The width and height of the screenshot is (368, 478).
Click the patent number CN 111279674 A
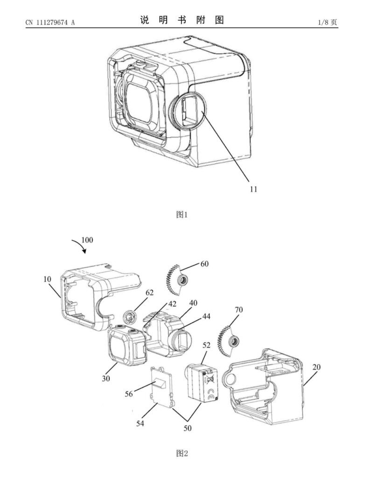click(x=50, y=22)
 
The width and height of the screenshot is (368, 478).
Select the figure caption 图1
click(x=181, y=215)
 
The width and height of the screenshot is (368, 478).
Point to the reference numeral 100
click(x=87, y=240)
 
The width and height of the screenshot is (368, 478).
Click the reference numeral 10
click(x=48, y=279)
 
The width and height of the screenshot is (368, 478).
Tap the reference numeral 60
click(x=204, y=264)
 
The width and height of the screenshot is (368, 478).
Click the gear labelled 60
click(x=176, y=280)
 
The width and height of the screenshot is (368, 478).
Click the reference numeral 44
click(x=207, y=316)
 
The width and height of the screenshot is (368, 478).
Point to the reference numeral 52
click(x=206, y=346)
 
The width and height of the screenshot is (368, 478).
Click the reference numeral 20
click(x=316, y=367)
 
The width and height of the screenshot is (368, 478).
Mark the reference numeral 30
click(x=106, y=379)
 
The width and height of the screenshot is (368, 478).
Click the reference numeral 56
click(x=129, y=394)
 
